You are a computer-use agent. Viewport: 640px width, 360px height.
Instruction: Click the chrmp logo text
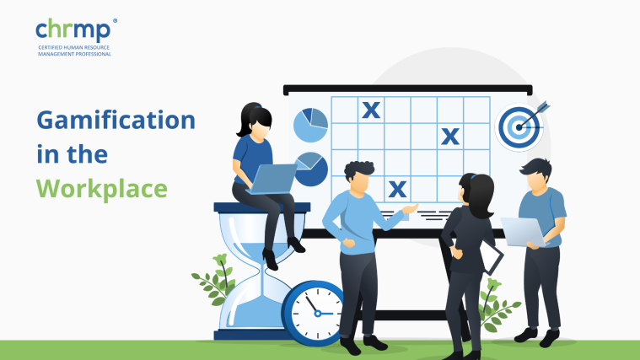pos(73,30)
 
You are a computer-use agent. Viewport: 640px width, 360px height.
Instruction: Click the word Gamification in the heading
pos(116,120)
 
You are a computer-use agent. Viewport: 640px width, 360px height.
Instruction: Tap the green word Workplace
pos(102,189)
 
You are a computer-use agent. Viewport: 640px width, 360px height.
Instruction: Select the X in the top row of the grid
pos(371,110)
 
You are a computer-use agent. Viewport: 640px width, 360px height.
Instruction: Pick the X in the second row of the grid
pos(450,137)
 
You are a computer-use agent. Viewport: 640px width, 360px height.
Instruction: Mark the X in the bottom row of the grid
pos(397,189)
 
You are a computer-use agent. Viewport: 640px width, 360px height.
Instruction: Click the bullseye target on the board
pos(519,127)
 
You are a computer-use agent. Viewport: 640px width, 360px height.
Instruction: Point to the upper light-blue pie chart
pos(310,125)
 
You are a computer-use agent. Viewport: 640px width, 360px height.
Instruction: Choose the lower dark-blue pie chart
pos(311,169)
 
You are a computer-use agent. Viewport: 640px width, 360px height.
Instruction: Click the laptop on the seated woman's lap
pos(272,179)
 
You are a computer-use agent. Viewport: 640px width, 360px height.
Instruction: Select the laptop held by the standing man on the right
pos(524,232)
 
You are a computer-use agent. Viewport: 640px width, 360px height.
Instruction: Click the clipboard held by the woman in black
pos(492,256)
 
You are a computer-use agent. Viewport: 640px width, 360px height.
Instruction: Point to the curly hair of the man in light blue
pos(358,169)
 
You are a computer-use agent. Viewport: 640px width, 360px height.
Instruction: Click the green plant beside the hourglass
pos(215,280)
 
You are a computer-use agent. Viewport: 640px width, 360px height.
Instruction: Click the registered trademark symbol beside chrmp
pos(115,21)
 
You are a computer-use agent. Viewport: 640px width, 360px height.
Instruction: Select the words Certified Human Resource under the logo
pos(74,47)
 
